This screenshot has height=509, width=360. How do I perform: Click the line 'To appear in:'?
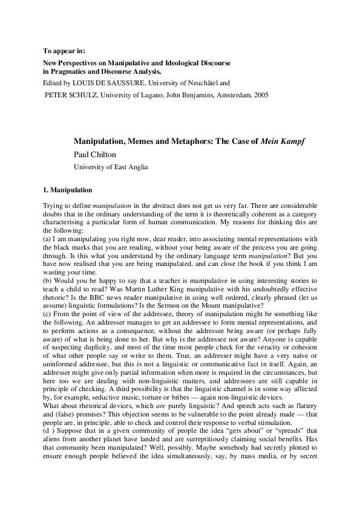pos(65,51)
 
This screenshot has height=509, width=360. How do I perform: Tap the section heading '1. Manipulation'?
pos(67,190)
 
